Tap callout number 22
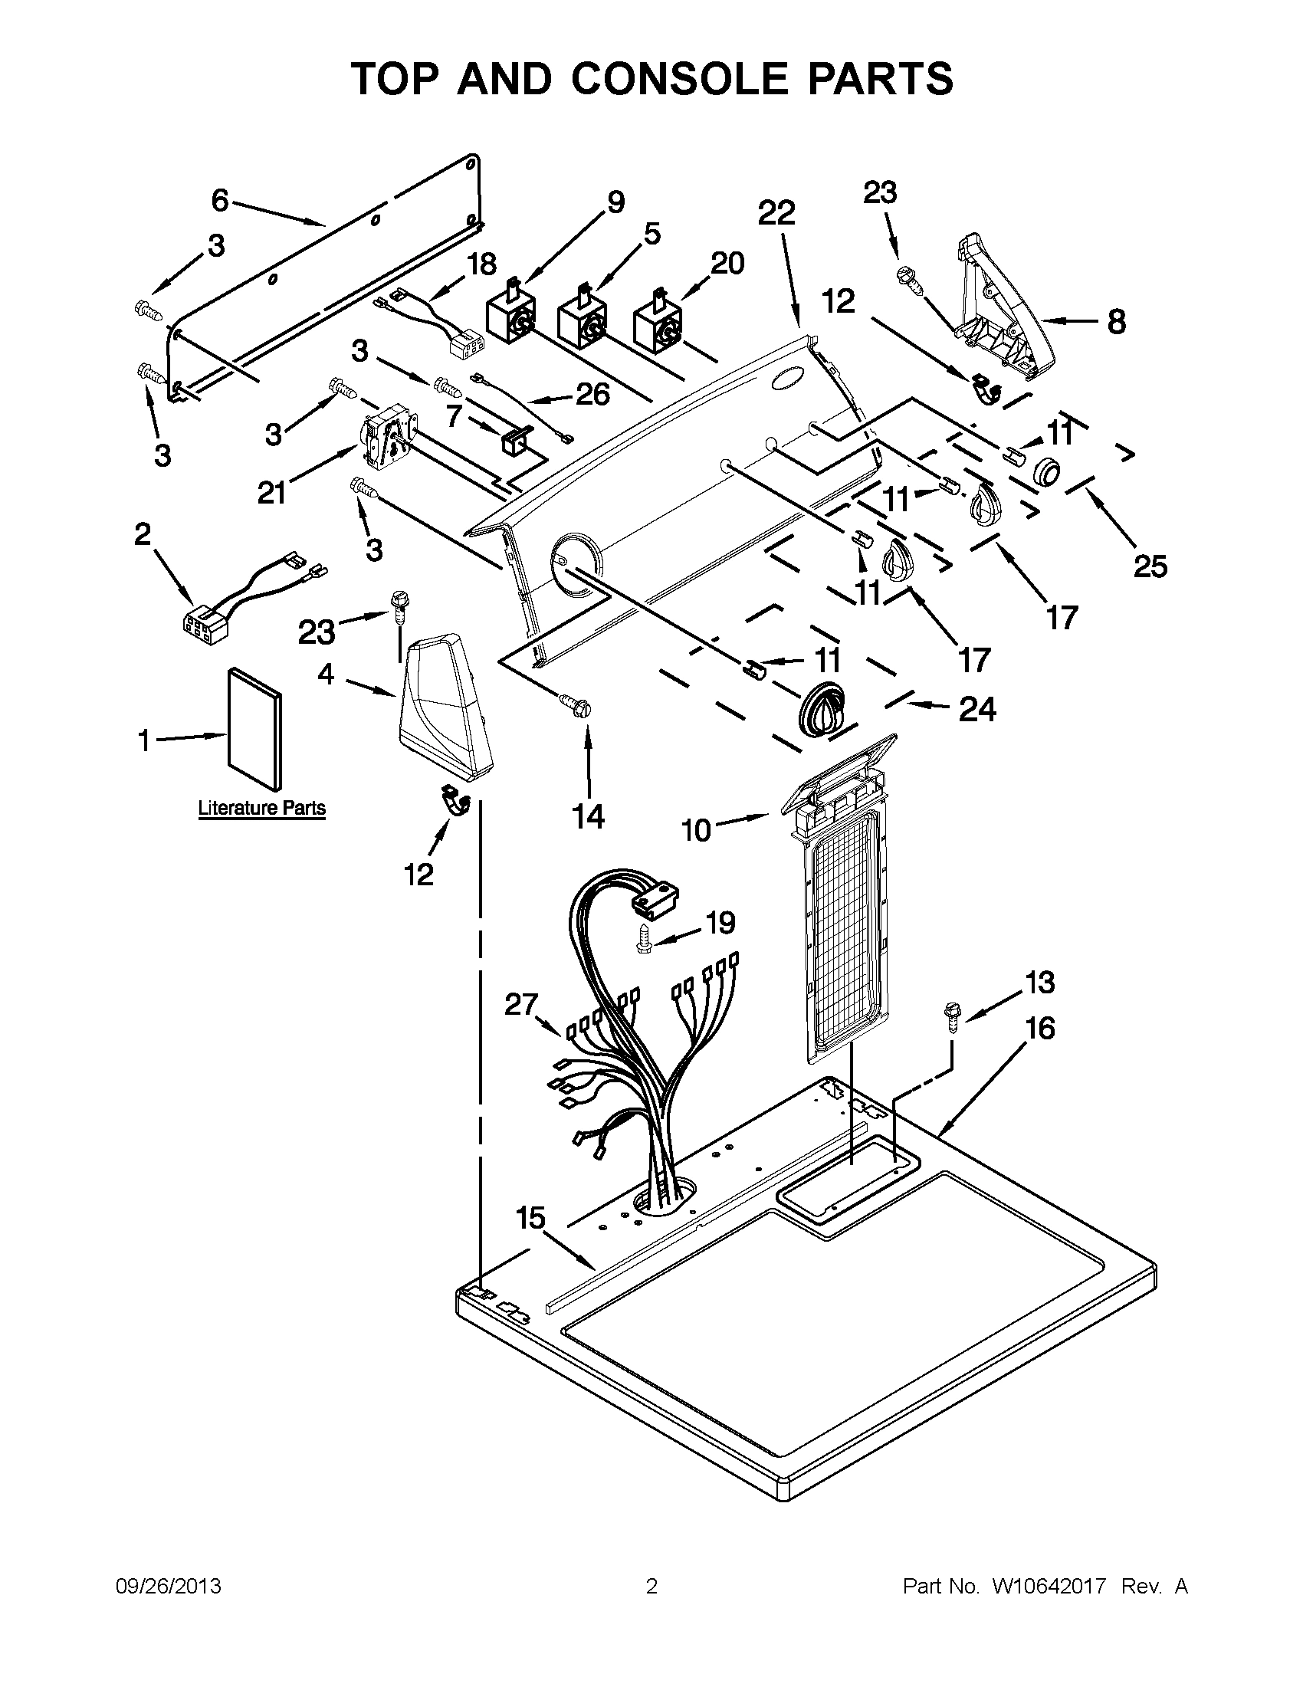point(776,212)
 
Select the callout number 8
point(1116,322)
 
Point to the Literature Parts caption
point(262,809)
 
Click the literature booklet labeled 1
point(254,730)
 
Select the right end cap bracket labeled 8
point(996,309)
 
